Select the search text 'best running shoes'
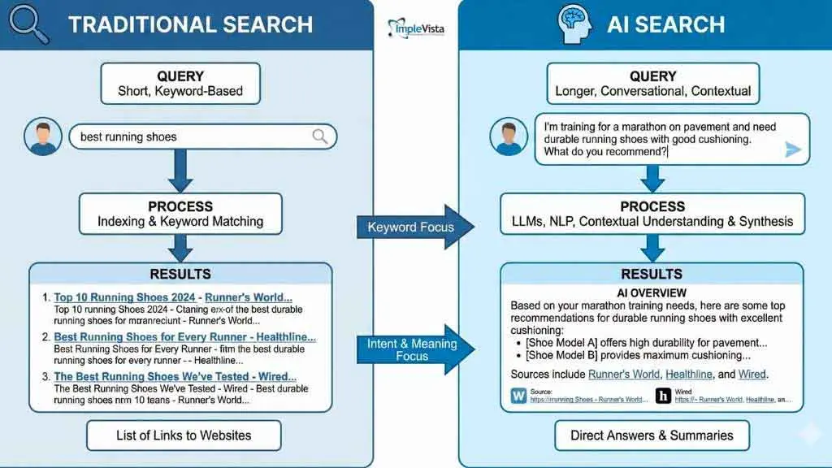point(128,136)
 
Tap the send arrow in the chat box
point(793,149)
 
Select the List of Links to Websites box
point(184,435)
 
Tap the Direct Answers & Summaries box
point(652,435)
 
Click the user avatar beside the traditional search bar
point(41,136)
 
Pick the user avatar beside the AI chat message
point(509,136)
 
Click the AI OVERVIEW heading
point(652,292)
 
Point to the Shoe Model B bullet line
point(637,355)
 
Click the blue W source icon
point(518,396)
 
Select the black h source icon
point(664,396)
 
